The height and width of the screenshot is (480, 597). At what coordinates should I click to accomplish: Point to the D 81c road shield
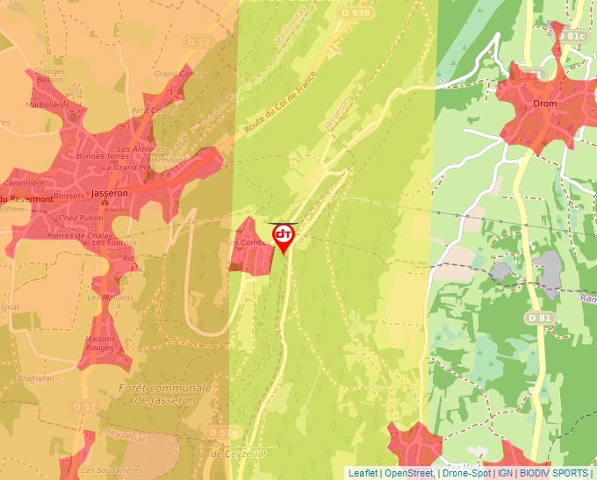(573, 36)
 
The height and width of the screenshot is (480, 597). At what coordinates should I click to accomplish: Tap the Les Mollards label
(104, 297)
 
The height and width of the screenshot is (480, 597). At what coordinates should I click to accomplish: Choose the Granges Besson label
(51, 75)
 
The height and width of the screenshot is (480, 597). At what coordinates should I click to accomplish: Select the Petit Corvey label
(153, 111)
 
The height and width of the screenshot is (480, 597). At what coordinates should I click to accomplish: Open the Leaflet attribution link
(363, 473)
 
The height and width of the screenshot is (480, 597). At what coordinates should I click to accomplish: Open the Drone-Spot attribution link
(466, 473)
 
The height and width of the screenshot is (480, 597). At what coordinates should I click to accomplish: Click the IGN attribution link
(505, 473)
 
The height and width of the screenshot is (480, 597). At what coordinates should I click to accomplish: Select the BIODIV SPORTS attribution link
(554, 473)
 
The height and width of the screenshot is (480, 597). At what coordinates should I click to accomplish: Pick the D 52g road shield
(224, 433)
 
